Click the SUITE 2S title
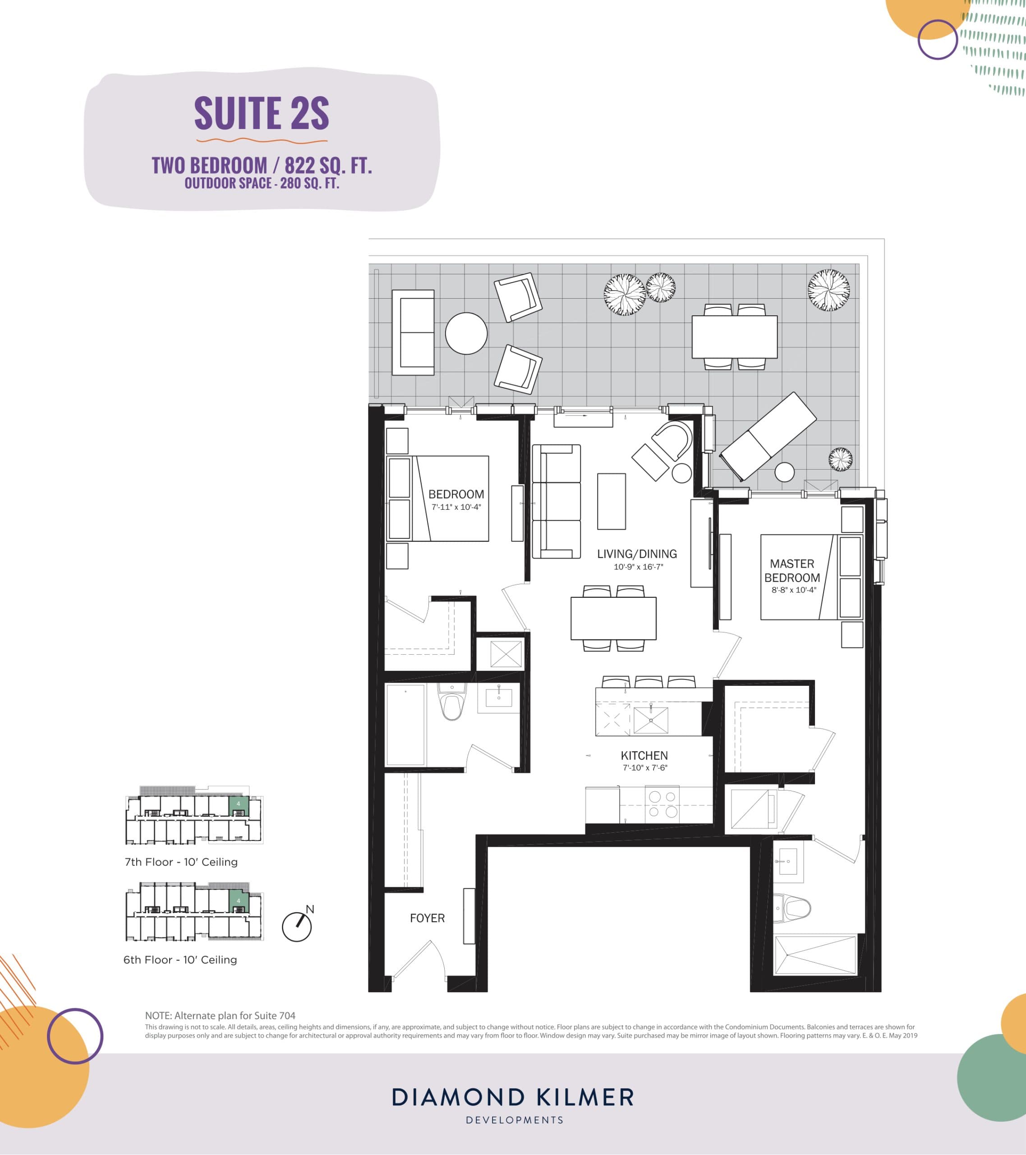(x=262, y=113)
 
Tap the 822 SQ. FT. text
(x=328, y=166)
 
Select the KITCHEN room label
(x=644, y=756)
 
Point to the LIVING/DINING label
(x=637, y=554)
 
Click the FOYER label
(x=427, y=918)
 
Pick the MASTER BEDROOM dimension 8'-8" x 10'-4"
(x=794, y=590)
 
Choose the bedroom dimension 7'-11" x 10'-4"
(x=456, y=507)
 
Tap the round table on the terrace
(x=466, y=334)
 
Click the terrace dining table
(x=735, y=337)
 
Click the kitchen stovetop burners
(x=662, y=804)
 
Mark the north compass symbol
(x=297, y=927)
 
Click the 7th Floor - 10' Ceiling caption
(x=181, y=862)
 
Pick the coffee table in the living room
(x=611, y=501)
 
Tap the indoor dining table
(x=613, y=618)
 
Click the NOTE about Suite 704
(x=221, y=1016)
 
